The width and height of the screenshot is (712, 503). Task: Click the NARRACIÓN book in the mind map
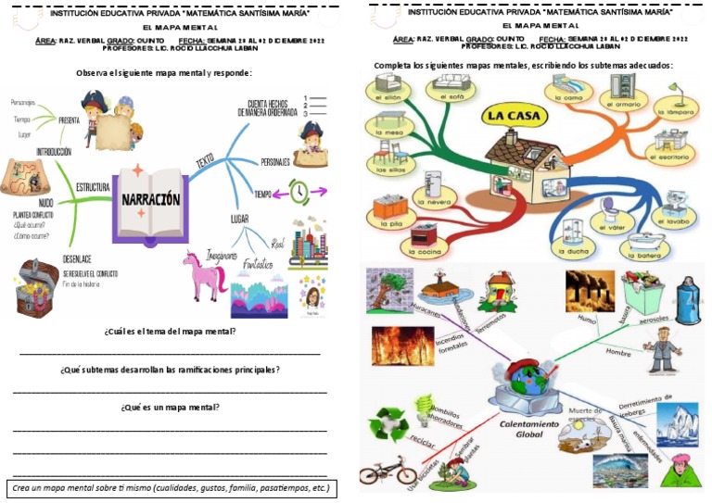tap(148, 201)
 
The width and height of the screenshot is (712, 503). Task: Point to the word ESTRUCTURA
tap(93, 186)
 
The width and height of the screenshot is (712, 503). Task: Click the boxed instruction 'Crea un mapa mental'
tap(171, 487)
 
